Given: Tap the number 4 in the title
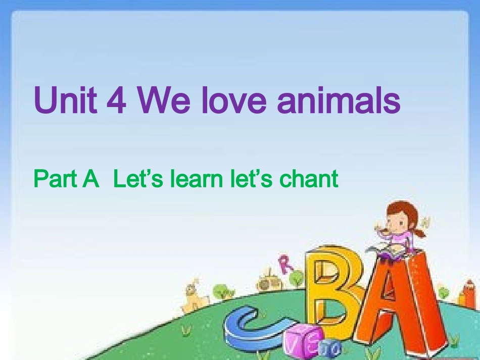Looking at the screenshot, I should [x=118, y=100].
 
